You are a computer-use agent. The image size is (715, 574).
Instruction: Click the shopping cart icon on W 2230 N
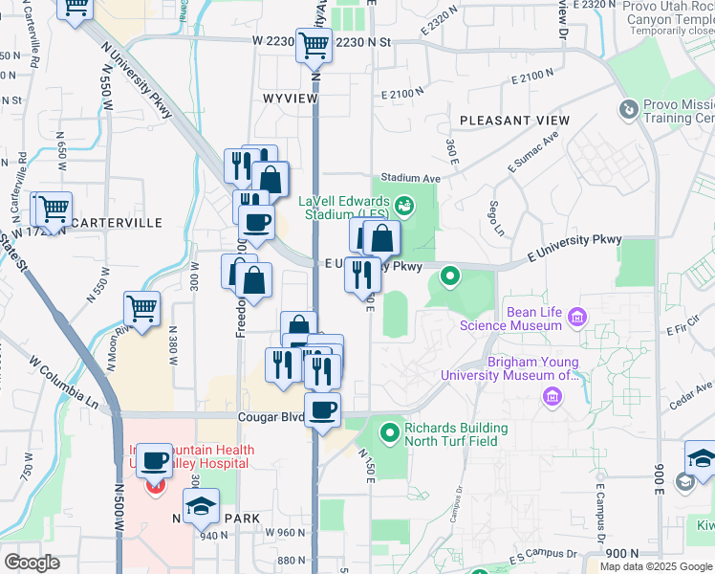pos(314,44)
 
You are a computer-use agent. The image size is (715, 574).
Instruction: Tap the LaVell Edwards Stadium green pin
pos(404,204)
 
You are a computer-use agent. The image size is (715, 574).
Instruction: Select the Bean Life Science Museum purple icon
pos(576,317)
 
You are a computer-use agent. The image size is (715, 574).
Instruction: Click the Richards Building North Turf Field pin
pos(389,433)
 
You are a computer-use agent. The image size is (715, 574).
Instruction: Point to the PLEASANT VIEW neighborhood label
pos(514,121)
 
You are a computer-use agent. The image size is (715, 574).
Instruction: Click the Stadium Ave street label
pos(410,178)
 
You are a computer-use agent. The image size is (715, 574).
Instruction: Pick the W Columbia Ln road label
pos(65,378)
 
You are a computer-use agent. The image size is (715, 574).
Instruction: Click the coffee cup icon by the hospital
pos(154,462)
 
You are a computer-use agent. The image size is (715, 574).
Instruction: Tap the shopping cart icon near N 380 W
pos(141,309)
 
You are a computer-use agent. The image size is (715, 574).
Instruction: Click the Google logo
pos(32,563)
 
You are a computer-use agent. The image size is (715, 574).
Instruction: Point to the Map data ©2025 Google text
pos(656,566)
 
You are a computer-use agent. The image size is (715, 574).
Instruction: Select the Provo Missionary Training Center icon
pos(628,110)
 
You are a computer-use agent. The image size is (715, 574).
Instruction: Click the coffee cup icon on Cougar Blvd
pos(323,409)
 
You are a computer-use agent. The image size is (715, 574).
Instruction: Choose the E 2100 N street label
pos(401,93)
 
